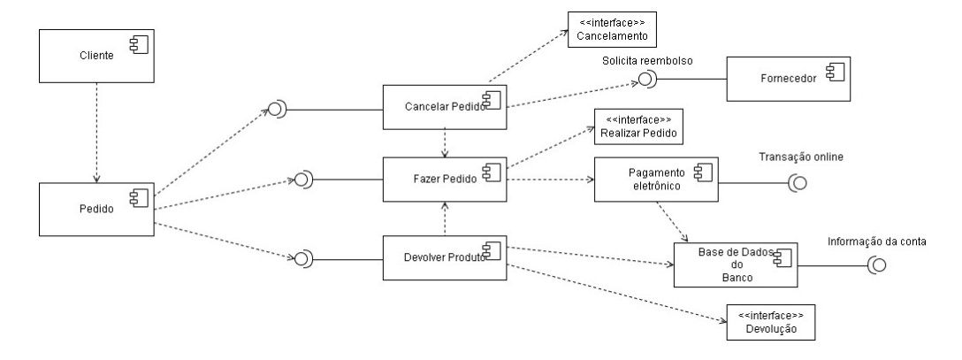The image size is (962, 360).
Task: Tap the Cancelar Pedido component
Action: tap(443, 109)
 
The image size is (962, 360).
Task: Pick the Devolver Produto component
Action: tap(443, 259)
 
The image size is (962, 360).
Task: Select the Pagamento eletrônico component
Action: tap(655, 180)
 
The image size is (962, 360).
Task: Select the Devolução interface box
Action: tap(768, 323)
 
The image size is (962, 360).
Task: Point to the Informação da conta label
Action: tap(874, 241)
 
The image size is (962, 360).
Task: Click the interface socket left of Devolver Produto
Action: tap(302, 259)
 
